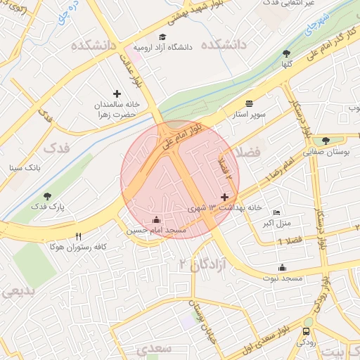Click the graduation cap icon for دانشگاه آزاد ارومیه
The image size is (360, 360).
[162, 37]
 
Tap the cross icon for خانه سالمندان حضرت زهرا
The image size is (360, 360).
[117, 94]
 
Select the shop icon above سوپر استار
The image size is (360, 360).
[250, 103]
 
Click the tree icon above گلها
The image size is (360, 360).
[285, 53]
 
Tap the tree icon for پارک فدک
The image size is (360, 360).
[47, 197]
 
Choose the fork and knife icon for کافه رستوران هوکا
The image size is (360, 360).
[78, 237]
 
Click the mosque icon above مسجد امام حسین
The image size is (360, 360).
[156, 219]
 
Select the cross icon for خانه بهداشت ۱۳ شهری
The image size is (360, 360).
[224, 198]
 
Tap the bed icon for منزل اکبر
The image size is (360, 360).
[276, 213]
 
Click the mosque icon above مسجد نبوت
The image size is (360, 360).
[282, 267]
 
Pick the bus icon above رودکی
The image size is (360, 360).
[306, 331]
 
